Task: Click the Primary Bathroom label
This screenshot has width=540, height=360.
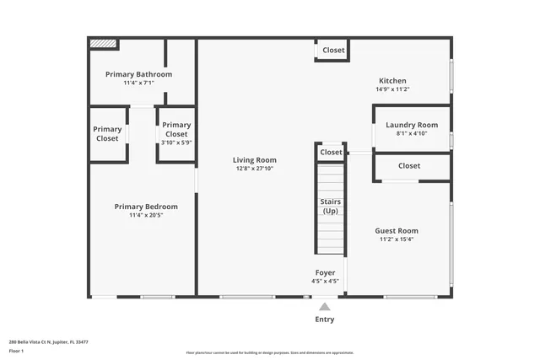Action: point(138,74)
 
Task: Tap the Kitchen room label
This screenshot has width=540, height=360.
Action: point(392,81)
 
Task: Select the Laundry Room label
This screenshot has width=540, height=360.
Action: point(412,125)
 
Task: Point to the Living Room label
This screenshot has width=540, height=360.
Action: point(255,160)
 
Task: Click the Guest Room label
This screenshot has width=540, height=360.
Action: point(397,231)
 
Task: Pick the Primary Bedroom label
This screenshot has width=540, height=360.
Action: point(146,207)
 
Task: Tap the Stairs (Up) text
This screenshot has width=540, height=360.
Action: point(330,207)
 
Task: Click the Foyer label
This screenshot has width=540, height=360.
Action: point(325,273)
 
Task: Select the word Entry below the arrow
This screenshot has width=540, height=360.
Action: point(325,320)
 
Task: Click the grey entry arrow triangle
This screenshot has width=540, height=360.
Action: point(325,307)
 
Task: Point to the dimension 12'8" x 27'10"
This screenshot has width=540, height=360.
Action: point(255,169)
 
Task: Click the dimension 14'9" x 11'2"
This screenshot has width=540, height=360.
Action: point(392,89)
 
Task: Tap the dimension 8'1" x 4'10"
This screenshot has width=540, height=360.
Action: point(412,133)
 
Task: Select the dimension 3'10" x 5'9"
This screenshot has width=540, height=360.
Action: point(176,142)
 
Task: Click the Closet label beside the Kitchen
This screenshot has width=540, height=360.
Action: point(333,51)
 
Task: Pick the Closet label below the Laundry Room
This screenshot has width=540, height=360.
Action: point(409,166)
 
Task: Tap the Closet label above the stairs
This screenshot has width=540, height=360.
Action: point(331,153)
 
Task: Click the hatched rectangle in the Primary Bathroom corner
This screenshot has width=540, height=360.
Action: point(103,43)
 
